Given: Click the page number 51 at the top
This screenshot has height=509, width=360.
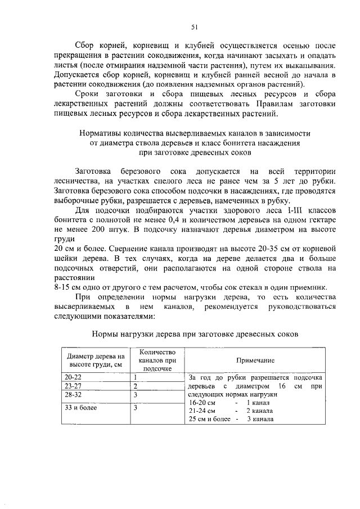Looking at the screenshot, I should coord(194,27).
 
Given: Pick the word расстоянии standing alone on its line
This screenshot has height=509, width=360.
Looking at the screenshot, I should coord(72,278).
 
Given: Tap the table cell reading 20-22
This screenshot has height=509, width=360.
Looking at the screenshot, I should coord(73,377).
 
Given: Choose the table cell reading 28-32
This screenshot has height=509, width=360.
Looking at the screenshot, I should coord(73,395).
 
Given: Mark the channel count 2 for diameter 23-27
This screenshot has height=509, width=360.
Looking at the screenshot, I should coord(136,386).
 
